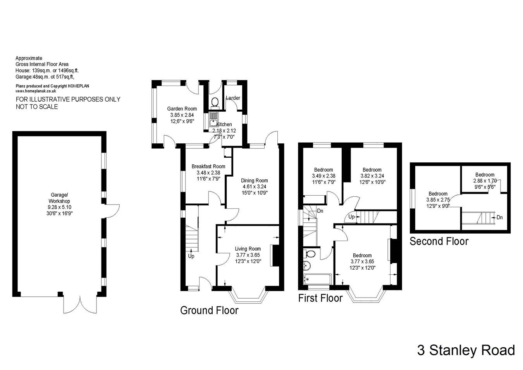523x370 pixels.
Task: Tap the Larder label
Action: (233, 98)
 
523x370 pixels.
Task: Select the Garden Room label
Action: (182, 109)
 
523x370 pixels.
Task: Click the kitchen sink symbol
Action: (213, 120)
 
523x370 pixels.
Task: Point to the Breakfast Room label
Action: (208, 167)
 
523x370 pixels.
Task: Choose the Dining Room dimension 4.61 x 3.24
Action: (254, 186)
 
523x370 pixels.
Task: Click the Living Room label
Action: (248, 249)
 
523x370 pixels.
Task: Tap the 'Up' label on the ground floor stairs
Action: (191, 256)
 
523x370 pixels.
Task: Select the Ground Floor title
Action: (209, 310)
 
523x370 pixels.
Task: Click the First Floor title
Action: (320, 298)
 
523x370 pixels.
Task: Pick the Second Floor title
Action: (439, 241)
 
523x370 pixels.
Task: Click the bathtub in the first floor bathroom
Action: (317, 279)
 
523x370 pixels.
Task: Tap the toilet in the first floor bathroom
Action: (311, 254)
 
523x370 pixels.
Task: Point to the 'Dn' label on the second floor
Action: (499, 217)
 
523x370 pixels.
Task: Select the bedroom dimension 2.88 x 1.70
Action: (485, 181)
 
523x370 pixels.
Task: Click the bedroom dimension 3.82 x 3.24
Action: (372, 176)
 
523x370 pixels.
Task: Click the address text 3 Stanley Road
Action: (466, 350)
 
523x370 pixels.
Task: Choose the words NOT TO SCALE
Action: (37, 107)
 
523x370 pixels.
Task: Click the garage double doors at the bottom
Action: (81, 305)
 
